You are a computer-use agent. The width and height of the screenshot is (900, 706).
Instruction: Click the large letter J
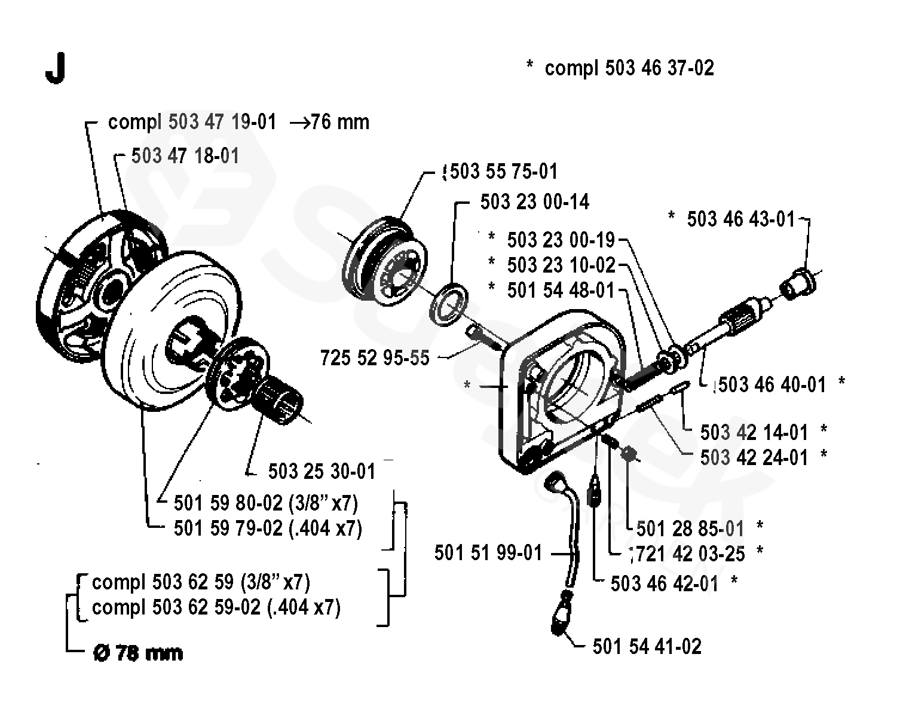tap(54, 71)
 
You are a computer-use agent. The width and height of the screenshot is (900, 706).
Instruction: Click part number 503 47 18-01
tap(185, 156)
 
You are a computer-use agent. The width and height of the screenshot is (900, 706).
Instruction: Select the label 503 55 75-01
tap(503, 172)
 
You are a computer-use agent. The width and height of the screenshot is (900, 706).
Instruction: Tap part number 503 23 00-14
tap(534, 202)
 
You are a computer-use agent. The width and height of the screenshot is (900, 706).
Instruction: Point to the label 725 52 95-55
tap(375, 357)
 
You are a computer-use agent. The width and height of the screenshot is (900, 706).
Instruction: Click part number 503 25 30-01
tap(322, 471)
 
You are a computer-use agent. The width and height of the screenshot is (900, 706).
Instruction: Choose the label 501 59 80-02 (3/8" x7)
tap(266, 503)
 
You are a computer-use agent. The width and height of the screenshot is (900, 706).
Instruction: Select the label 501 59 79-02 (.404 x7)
tap(268, 528)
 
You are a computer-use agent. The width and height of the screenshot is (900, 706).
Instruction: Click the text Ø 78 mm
tap(138, 653)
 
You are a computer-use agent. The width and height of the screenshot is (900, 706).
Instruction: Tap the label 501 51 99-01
tap(488, 553)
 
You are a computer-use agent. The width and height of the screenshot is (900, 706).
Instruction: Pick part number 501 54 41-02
tap(647, 646)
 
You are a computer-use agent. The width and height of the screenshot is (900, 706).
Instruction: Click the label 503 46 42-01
tap(664, 583)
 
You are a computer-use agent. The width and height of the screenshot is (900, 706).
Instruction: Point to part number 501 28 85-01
tap(690, 528)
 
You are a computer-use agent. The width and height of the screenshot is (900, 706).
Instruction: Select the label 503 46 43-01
tap(741, 219)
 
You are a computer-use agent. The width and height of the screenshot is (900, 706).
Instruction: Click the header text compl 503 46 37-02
tap(629, 68)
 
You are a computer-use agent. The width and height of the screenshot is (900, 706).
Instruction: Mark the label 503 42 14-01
tap(754, 432)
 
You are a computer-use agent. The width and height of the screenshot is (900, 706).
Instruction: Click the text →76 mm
tap(329, 123)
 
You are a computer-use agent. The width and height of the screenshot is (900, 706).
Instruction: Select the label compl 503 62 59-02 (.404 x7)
tap(216, 607)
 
